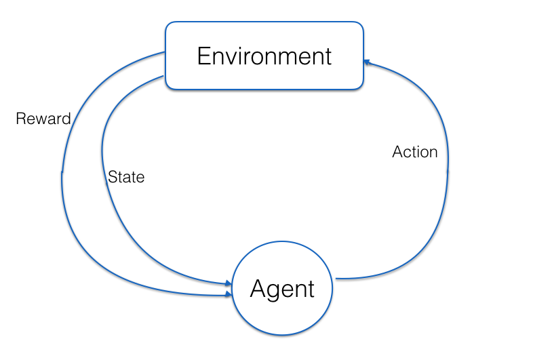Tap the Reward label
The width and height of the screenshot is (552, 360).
(x=43, y=119)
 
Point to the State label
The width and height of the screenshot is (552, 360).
(x=126, y=178)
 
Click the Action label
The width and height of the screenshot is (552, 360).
(x=415, y=153)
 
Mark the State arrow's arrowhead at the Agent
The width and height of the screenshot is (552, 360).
(x=229, y=284)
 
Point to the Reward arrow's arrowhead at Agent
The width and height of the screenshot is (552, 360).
(x=229, y=295)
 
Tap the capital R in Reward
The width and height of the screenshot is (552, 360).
(x=20, y=119)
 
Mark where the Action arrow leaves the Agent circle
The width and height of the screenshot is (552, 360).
(x=337, y=278)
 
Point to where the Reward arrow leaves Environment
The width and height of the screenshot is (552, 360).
(x=165, y=53)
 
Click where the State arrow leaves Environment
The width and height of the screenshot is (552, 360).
(x=165, y=77)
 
